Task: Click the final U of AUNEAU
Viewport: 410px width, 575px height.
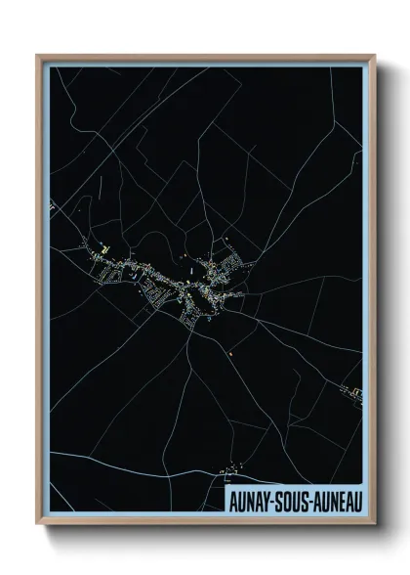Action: (356, 501)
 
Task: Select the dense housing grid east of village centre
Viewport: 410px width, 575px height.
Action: (234, 263)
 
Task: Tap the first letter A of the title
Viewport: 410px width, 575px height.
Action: (230, 501)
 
